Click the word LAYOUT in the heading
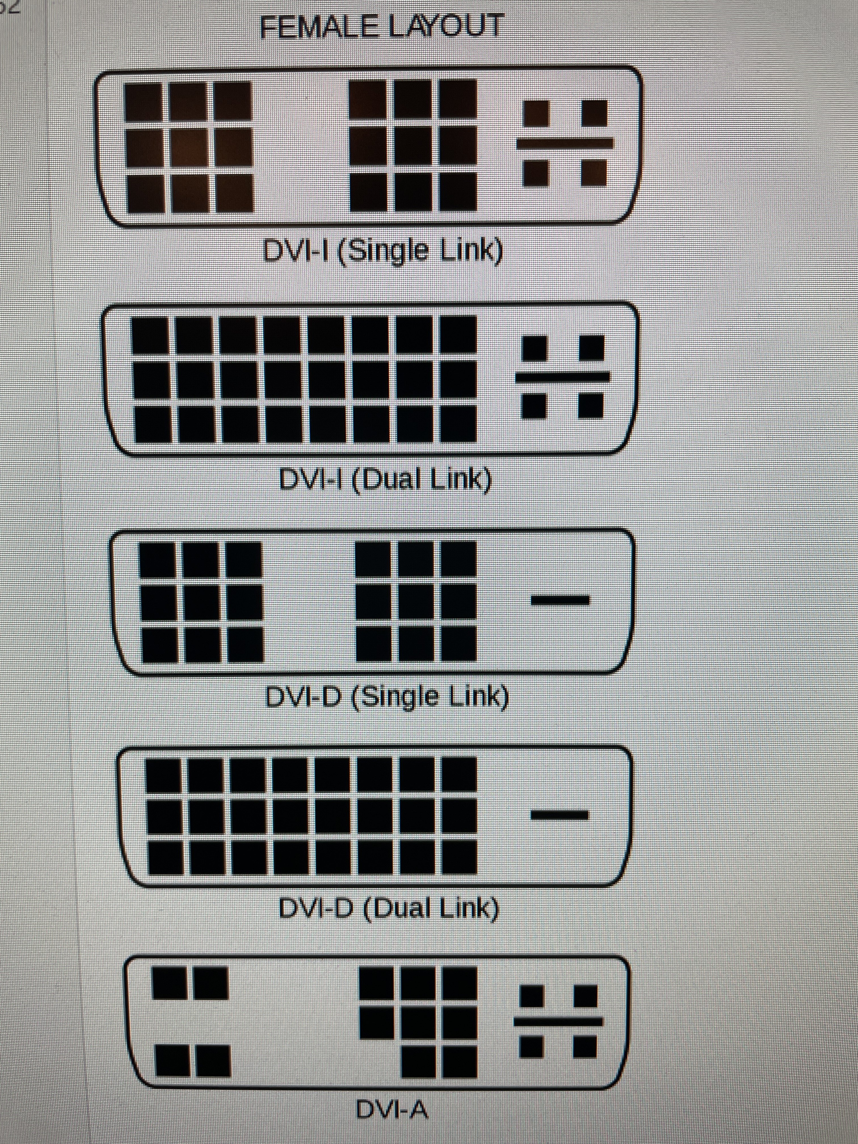tap(445, 27)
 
